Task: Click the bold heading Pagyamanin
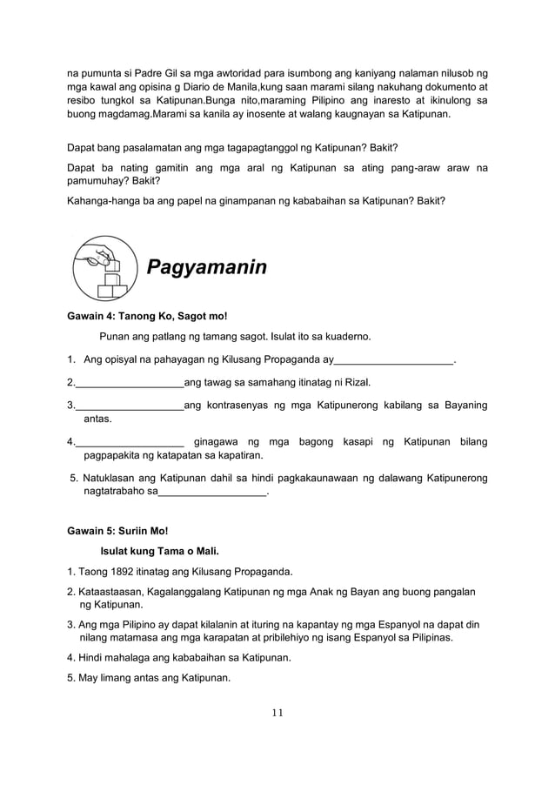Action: pos(206,267)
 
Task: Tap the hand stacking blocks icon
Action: pos(104,266)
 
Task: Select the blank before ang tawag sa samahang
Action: pos(130,382)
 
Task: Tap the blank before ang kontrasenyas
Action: pos(130,405)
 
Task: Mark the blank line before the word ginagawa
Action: pos(130,440)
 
